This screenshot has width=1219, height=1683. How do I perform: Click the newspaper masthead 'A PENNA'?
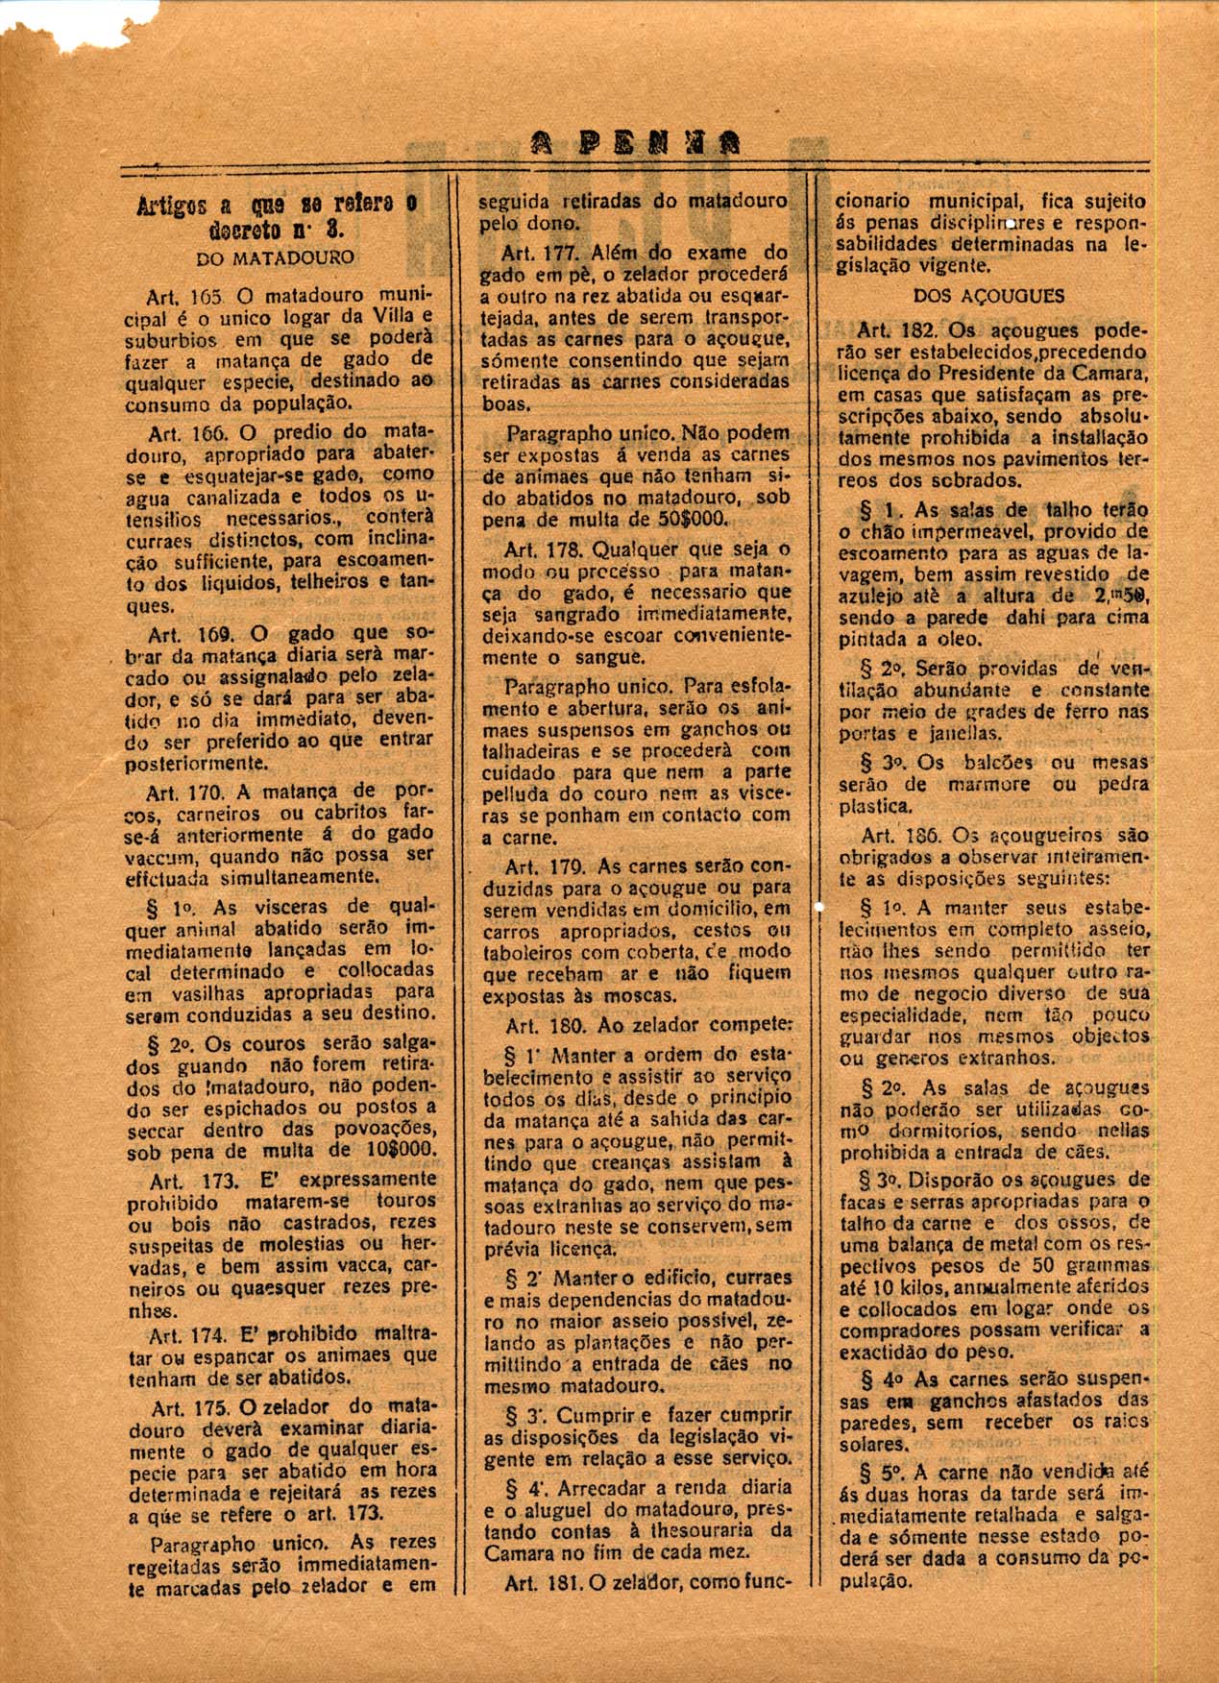[x=635, y=144]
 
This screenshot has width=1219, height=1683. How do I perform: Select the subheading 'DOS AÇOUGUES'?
[x=989, y=296]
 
